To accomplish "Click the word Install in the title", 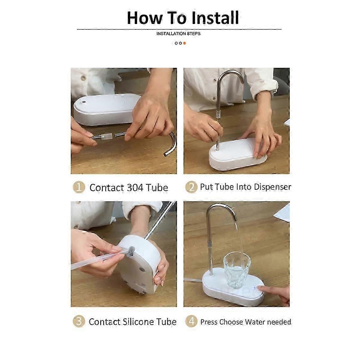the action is pos(215,18).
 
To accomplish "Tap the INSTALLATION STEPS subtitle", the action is pos(178,34).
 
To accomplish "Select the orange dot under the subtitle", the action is pos(184,43).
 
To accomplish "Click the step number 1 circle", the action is pos(79,187).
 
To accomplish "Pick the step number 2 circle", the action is pos(191,187).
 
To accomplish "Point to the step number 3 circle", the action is pos(79,321).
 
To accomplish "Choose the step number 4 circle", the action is pos(191,321).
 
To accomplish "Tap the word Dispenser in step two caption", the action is pos(273,187).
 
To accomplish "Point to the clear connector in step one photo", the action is pos(107,136).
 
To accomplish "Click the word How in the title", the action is pos(144,18).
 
